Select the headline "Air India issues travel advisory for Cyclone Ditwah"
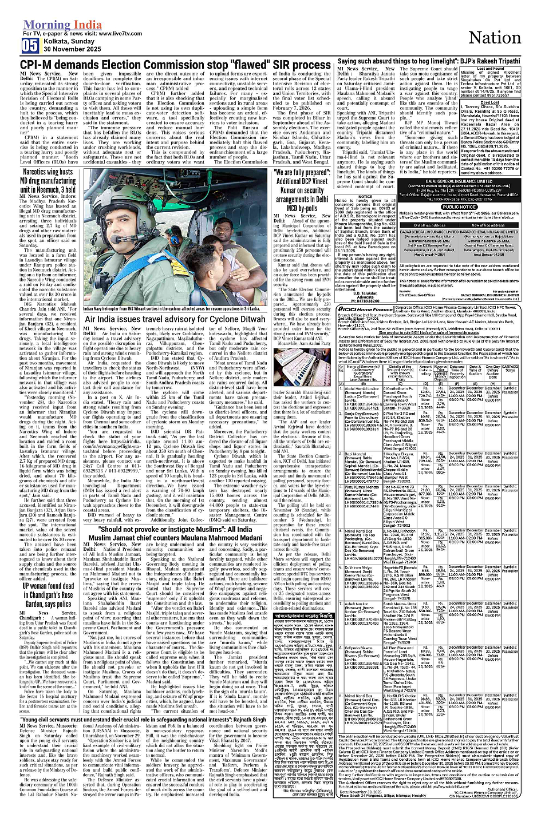[175, 319]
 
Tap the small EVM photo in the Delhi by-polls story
[289, 371]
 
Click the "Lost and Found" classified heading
[490, 69]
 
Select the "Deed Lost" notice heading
[490, 102]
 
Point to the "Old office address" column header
[429, 225]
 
